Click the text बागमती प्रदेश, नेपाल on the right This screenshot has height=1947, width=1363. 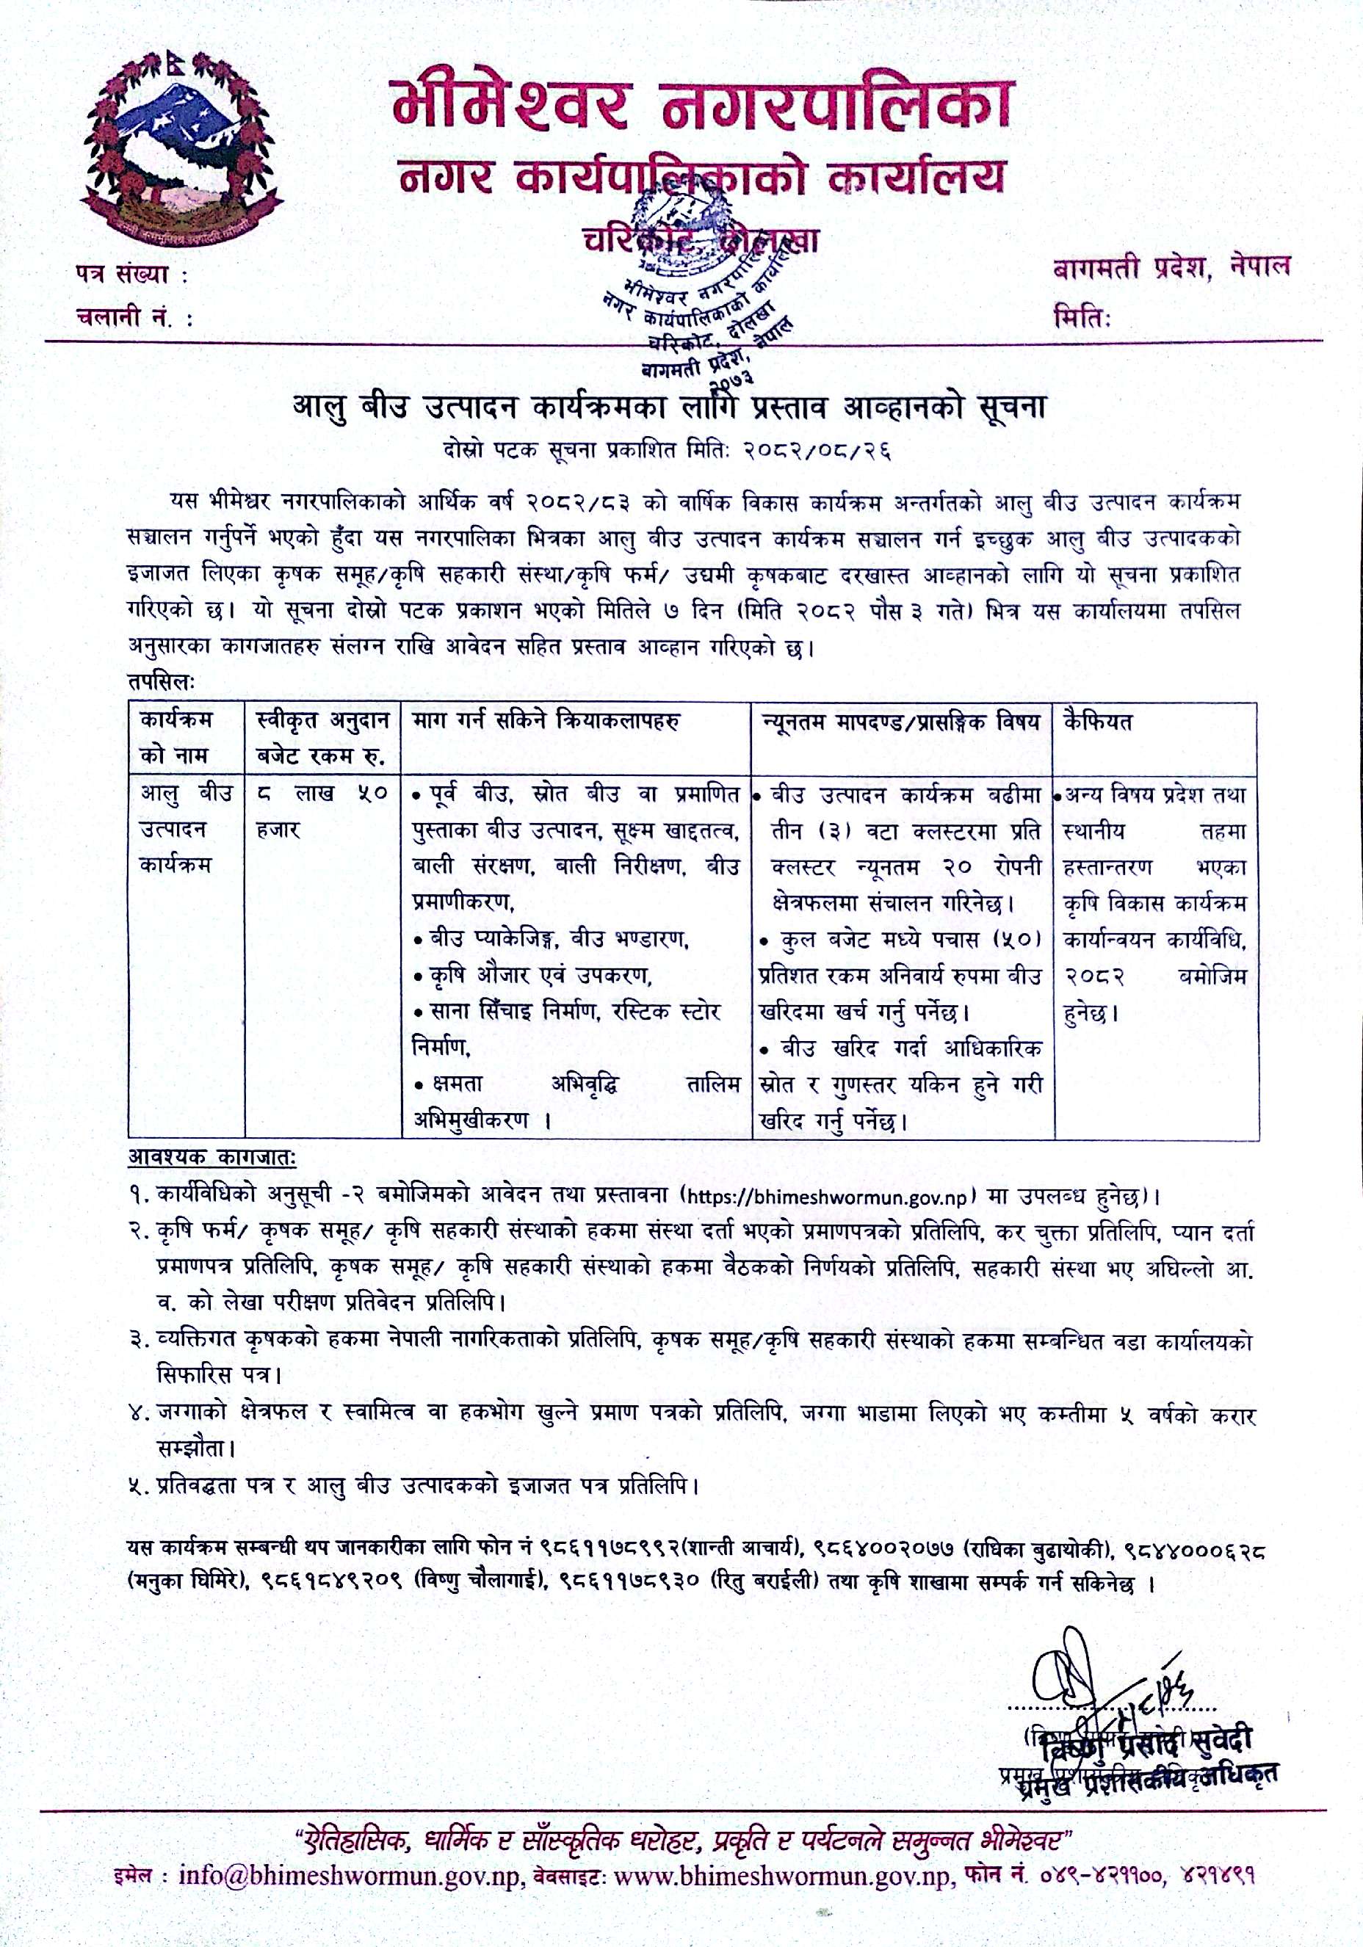pos(1171,268)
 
